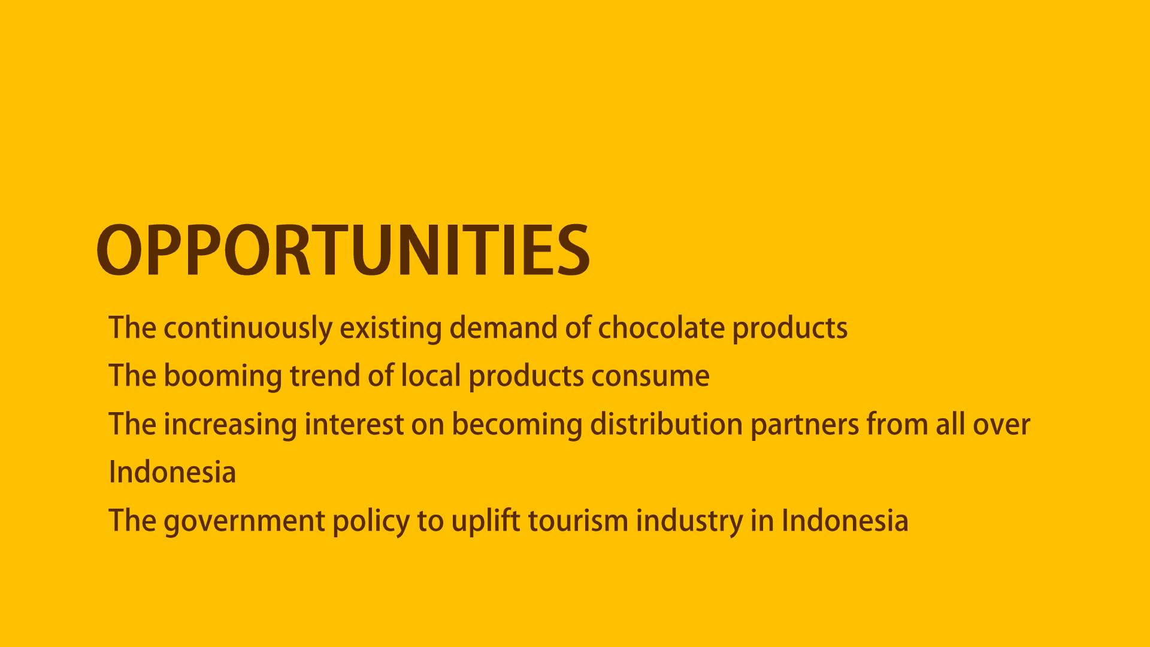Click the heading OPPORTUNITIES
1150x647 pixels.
click(x=343, y=250)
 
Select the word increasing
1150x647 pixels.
click(x=230, y=425)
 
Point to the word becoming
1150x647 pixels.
click(x=517, y=425)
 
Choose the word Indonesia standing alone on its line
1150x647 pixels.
click(x=172, y=471)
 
